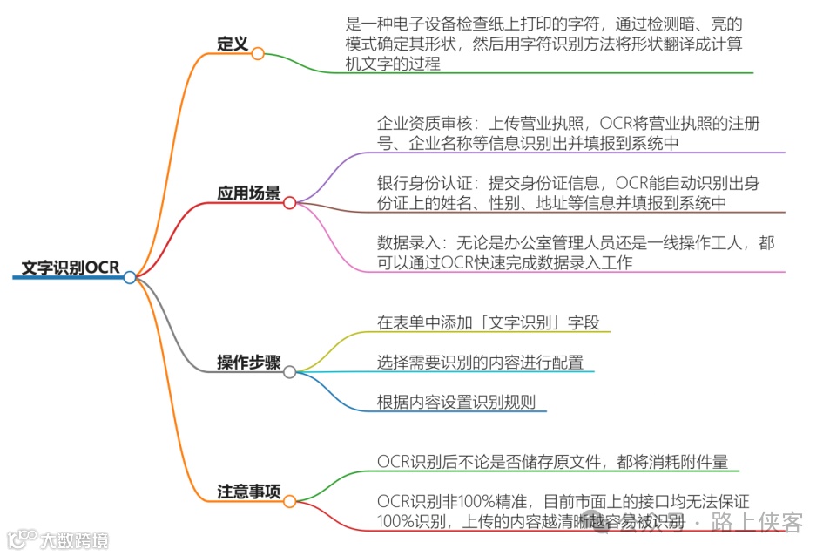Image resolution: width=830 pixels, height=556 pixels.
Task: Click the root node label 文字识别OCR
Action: click(x=71, y=268)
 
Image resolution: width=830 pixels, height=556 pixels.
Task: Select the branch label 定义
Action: click(x=233, y=44)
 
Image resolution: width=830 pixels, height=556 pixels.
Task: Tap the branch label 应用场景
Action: click(x=249, y=193)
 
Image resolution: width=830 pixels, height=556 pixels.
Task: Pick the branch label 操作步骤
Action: click(x=249, y=363)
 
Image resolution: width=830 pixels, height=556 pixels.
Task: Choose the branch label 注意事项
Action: click(x=249, y=492)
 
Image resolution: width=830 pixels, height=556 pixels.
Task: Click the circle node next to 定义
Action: click(x=258, y=53)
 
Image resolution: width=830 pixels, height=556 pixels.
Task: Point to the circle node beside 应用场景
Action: click(x=290, y=203)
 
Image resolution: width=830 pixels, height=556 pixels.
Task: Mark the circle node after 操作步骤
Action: click(x=290, y=372)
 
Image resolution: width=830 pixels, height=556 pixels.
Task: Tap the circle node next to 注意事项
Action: click(x=290, y=501)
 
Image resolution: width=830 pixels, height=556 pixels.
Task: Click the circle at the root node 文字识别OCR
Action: click(x=130, y=277)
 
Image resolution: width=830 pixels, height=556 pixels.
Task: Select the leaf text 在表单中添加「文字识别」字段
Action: click(x=489, y=322)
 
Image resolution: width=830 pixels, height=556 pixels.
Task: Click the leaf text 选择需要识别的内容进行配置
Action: click(x=480, y=363)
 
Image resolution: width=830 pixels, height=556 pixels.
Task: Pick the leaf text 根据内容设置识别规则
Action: click(x=456, y=402)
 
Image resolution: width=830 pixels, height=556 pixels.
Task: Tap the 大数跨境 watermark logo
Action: click(x=57, y=540)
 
